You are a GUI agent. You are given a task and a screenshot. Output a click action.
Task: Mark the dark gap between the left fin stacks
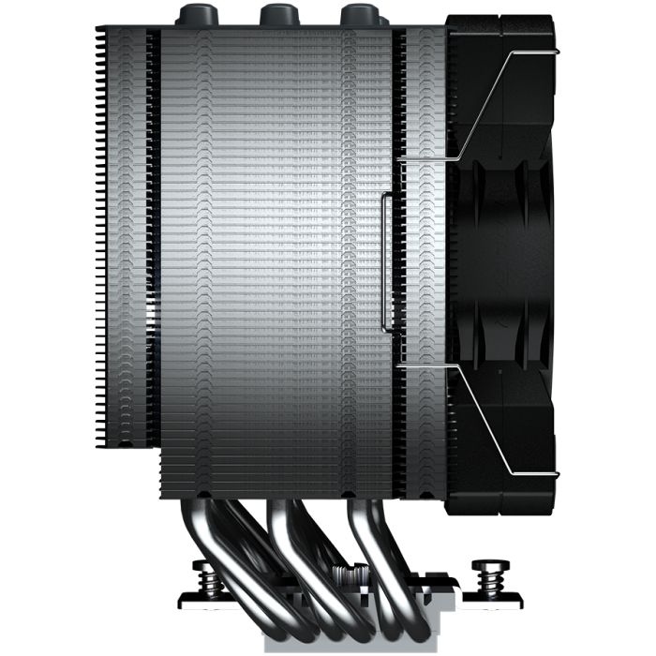click(155, 234)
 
